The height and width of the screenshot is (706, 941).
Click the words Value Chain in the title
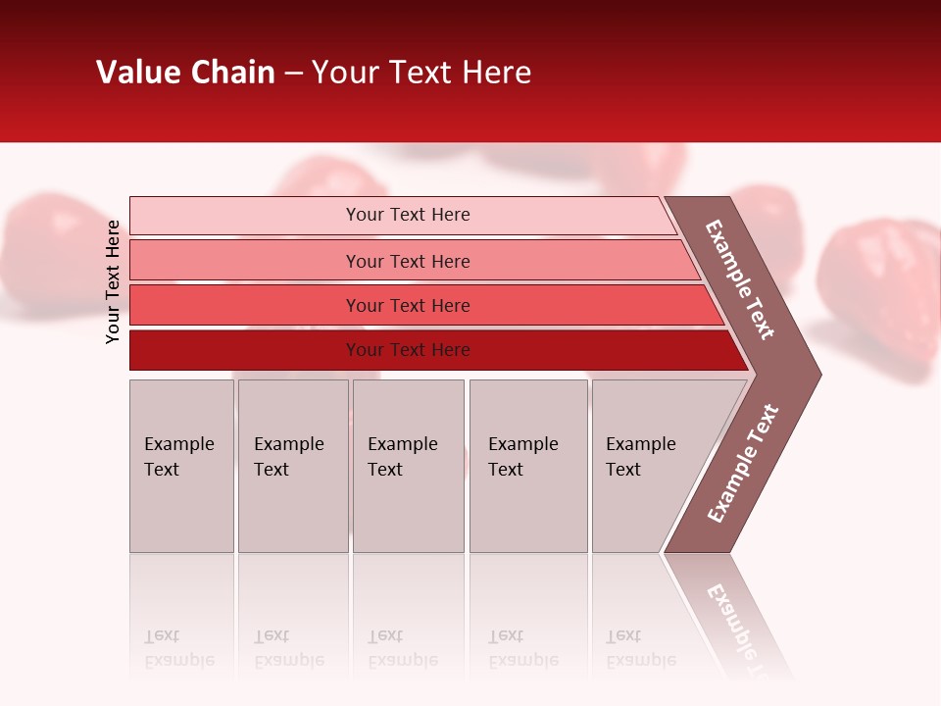[185, 73]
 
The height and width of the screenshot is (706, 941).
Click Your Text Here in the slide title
[421, 73]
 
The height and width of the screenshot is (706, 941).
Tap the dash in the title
[293, 74]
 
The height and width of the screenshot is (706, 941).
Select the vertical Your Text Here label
[113, 281]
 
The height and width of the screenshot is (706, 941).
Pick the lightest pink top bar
[407, 215]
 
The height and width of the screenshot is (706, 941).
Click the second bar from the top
[407, 261]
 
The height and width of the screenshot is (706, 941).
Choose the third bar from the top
[407, 305]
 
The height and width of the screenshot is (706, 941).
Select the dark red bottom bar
[407, 350]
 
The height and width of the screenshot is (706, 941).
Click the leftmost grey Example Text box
[181, 465]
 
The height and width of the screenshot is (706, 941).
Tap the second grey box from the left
[292, 465]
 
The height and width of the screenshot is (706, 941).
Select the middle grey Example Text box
[408, 465]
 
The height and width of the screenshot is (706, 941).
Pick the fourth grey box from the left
[527, 465]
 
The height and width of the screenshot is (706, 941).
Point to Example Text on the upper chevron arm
[740, 279]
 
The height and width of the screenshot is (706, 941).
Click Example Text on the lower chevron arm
[743, 464]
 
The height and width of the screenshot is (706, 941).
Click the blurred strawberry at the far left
[49, 250]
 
